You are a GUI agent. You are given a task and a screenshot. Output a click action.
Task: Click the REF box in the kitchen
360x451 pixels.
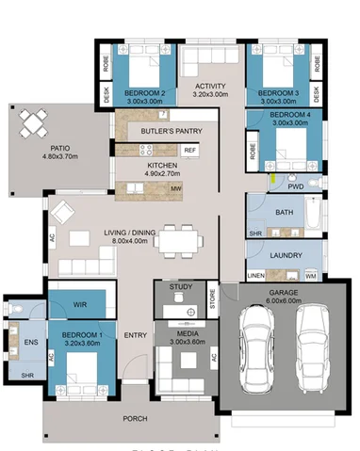click(x=189, y=150)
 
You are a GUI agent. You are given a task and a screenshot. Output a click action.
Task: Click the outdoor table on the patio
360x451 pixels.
click(x=33, y=121)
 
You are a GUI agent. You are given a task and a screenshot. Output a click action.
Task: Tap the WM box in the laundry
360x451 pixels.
click(x=312, y=277)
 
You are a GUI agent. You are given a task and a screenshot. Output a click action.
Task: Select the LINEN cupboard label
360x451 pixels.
click(x=255, y=275)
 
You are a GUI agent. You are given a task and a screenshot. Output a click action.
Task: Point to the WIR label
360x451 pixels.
click(x=81, y=304)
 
